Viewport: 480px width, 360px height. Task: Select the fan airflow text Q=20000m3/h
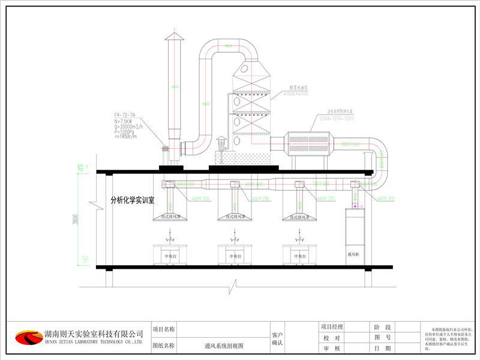click(x=131, y=127)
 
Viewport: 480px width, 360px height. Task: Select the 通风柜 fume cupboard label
click(x=356, y=254)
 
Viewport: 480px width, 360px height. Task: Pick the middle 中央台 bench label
click(x=234, y=256)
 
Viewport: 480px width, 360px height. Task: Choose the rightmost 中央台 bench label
click(x=299, y=256)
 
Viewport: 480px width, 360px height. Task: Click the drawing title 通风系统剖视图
click(x=223, y=346)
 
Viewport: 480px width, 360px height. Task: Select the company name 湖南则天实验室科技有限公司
click(x=94, y=333)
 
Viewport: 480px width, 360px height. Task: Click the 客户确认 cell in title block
click(x=277, y=339)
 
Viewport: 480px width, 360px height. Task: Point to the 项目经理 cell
click(x=331, y=327)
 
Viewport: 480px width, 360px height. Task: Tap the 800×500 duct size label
click(x=350, y=145)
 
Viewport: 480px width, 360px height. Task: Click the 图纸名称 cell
click(x=164, y=346)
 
